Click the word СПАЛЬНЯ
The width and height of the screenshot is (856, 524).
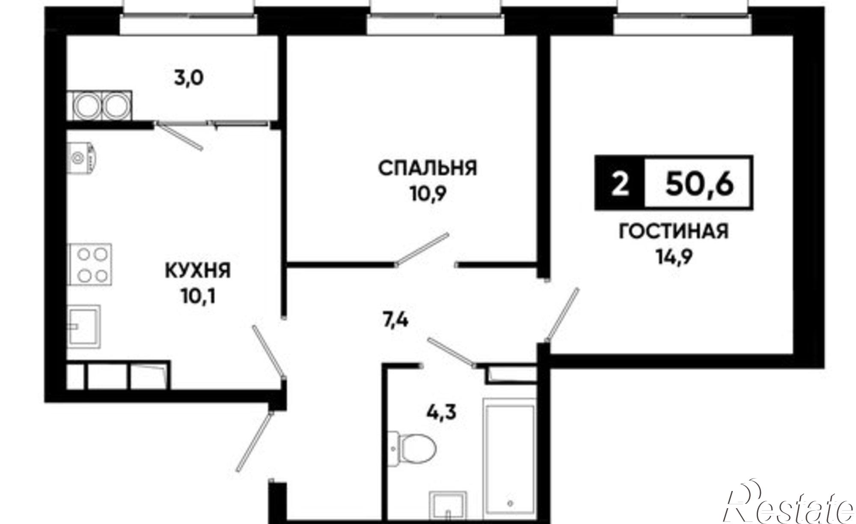427,168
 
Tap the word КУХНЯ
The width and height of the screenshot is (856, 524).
198,271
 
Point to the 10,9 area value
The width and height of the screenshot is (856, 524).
428,195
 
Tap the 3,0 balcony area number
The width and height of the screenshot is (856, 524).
188,78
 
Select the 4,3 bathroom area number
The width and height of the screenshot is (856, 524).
441,412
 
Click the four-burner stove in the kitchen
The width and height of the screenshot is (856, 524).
90,264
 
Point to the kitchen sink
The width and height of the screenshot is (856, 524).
85,326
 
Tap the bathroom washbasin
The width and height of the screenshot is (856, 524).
447,508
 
